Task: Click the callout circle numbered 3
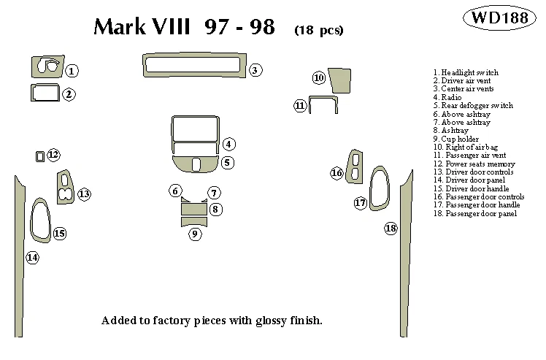(255, 70)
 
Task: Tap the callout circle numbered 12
(53, 155)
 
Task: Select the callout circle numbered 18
(391, 229)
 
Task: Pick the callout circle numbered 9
(195, 234)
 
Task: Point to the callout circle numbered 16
(337, 173)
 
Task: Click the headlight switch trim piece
(46, 66)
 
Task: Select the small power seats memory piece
(39, 156)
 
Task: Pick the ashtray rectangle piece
(193, 210)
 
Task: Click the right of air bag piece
(338, 80)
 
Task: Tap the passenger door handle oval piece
(379, 188)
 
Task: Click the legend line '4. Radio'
(447, 97)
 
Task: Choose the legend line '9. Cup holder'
(455, 139)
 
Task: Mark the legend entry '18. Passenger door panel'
(474, 213)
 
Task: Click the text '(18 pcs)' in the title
(318, 31)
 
